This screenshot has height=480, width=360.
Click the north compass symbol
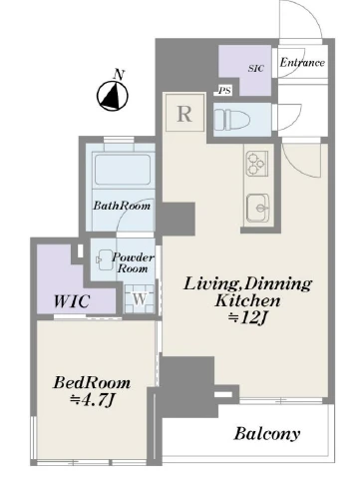tap(112, 95)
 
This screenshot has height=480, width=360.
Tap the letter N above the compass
tap(119, 75)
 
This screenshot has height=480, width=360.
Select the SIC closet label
tap(256, 68)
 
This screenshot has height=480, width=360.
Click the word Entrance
tap(302, 63)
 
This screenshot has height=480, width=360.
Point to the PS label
tap(224, 91)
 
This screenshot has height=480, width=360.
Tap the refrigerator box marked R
tap(184, 113)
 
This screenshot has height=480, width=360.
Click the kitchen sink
tap(258, 209)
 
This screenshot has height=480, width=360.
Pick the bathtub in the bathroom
tap(123, 171)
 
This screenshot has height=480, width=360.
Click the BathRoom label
tap(122, 206)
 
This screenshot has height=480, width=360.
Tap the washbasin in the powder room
tap(105, 260)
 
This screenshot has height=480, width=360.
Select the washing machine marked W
tap(140, 299)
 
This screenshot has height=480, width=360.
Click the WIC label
tap(72, 301)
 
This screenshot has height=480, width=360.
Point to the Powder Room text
tap(133, 262)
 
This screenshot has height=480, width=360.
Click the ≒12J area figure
tap(247, 318)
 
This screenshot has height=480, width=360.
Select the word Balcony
tap(267, 433)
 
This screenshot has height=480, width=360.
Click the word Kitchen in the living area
tap(247, 300)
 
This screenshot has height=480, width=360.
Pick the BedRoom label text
tap(92, 383)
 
